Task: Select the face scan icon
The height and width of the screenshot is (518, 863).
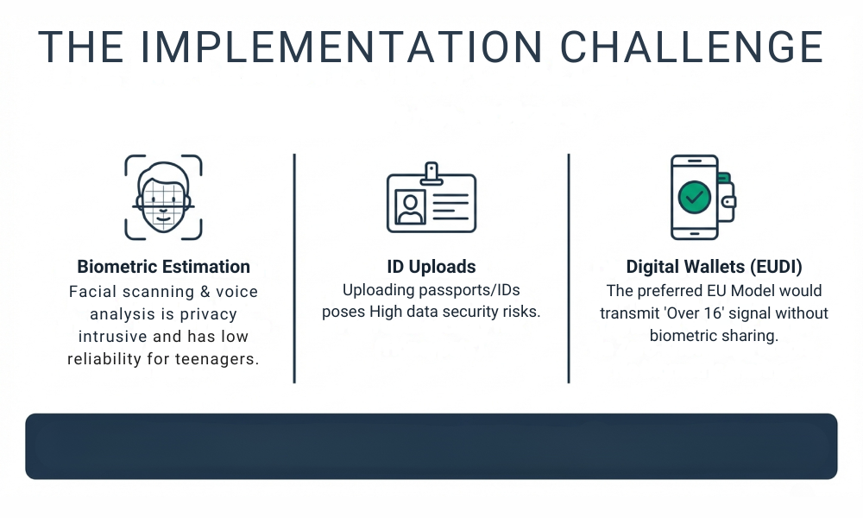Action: click(163, 197)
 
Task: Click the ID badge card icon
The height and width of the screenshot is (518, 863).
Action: click(431, 200)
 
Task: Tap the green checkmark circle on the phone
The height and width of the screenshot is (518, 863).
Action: click(694, 197)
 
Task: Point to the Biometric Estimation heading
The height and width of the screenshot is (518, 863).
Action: click(163, 267)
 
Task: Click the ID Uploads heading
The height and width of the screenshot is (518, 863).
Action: click(431, 267)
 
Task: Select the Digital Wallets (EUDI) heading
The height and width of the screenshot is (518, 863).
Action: click(714, 267)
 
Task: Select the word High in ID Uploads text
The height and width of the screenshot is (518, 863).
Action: click(387, 313)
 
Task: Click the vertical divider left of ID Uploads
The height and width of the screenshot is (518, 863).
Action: click(294, 268)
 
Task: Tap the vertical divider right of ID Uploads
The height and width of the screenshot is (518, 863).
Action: click(569, 268)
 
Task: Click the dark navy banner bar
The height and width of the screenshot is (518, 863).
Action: click(431, 445)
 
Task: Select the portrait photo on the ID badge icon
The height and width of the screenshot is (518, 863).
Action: click(410, 205)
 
